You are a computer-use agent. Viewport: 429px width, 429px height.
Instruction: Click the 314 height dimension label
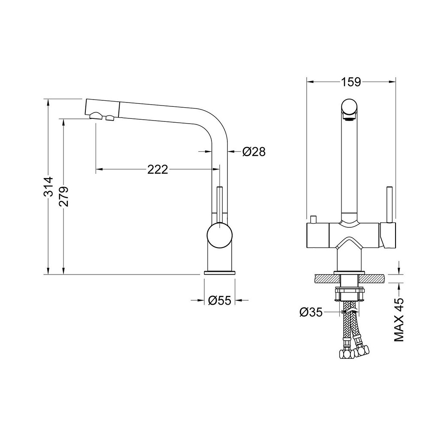tap(49, 187)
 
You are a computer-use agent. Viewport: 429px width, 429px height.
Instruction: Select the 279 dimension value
tap(64, 196)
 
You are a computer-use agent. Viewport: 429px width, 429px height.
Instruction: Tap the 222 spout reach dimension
tap(157, 169)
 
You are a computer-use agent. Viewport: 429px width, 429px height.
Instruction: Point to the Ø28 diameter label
tap(254, 151)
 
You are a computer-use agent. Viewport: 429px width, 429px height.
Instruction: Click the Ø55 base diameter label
tap(220, 300)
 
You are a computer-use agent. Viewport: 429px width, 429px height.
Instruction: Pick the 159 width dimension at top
tap(351, 82)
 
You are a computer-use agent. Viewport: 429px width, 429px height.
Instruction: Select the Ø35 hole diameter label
tap(311, 312)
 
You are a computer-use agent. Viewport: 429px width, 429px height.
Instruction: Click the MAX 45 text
tap(399, 320)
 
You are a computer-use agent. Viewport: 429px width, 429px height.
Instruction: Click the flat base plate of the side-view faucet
tap(219, 272)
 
